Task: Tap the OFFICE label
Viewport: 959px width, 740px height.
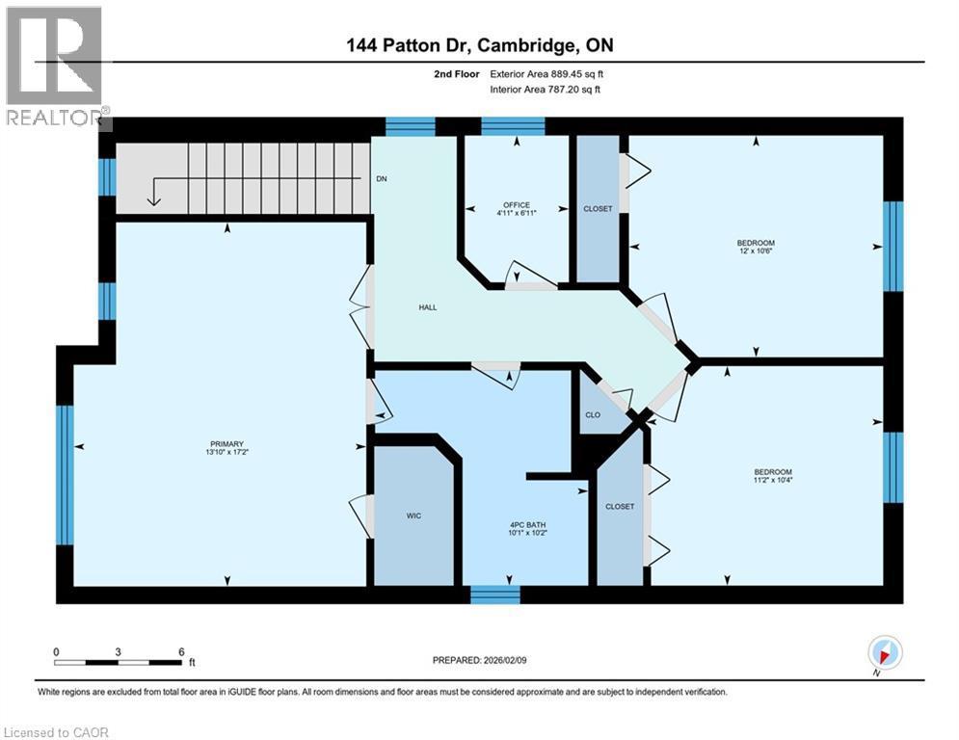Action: (516, 204)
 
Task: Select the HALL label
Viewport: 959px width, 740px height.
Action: (428, 307)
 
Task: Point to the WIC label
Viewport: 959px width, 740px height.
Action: (413, 515)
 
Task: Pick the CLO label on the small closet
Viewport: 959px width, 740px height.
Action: (593, 415)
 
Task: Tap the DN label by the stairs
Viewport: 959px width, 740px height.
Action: (382, 179)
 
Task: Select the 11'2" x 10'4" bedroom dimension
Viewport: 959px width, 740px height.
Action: (773, 480)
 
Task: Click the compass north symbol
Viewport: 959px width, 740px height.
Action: (884, 653)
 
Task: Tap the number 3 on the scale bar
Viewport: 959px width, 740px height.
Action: (118, 651)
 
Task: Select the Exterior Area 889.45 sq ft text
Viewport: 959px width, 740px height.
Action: (546, 73)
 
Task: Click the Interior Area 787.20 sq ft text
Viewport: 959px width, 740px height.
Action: (546, 90)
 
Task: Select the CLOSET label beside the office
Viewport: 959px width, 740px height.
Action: (598, 209)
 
